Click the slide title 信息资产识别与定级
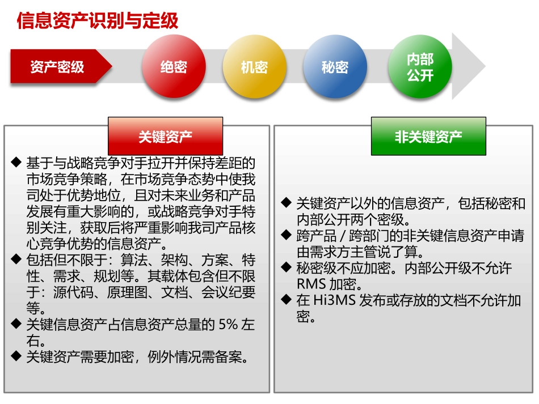point(98,20)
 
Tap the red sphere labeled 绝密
point(173,67)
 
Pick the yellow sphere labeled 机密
point(254,67)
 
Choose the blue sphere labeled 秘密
point(335,67)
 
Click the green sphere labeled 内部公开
point(420,67)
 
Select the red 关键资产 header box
point(166,136)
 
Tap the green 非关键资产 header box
point(428,136)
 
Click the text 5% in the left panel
point(229,325)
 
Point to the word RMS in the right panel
point(310,284)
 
